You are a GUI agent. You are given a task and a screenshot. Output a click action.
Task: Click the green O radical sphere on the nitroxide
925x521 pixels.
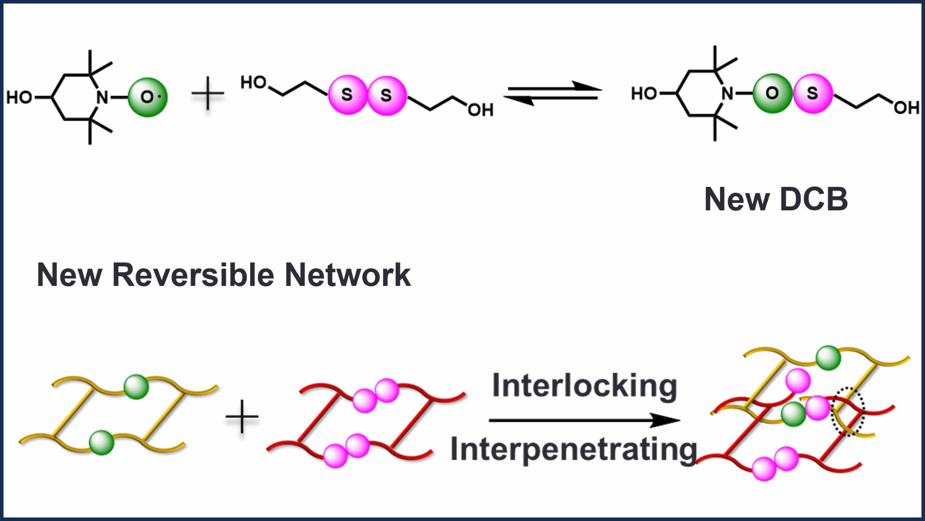(148, 97)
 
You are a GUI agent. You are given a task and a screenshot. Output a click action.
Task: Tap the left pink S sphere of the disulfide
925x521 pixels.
(347, 95)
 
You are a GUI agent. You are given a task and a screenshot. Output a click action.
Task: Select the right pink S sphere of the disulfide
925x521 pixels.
(387, 95)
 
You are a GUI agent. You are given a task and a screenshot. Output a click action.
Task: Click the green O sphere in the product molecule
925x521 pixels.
(772, 93)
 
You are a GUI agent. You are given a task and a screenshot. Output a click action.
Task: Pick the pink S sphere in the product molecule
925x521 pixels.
(813, 93)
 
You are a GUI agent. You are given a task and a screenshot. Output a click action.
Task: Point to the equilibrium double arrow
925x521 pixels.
(553, 93)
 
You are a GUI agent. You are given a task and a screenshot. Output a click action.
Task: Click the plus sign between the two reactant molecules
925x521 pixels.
(208, 93)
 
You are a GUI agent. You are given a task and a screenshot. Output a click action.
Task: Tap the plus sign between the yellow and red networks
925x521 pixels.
(242, 416)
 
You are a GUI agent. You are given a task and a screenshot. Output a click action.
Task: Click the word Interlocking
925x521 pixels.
(584, 386)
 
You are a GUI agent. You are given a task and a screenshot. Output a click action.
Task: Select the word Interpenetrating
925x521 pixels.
(574, 450)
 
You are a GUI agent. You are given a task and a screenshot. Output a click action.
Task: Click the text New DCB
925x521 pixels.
(776, 199)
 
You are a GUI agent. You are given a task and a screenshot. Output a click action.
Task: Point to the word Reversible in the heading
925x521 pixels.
(193, 275)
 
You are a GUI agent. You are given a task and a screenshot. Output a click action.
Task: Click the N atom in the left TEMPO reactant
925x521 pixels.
(103, 97)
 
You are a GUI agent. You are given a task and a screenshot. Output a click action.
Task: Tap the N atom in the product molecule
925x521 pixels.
(727, 93)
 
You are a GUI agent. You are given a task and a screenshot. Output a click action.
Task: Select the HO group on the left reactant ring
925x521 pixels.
(19, 98)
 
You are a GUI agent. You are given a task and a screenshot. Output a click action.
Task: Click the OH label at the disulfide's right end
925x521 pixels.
(480, 110)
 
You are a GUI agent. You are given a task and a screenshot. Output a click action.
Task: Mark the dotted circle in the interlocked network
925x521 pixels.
(848, 411)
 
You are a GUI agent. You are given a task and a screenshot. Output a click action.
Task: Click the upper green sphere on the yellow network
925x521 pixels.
(136, 386)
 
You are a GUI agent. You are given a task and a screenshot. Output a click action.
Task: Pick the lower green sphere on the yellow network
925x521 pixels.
(102, 442)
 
